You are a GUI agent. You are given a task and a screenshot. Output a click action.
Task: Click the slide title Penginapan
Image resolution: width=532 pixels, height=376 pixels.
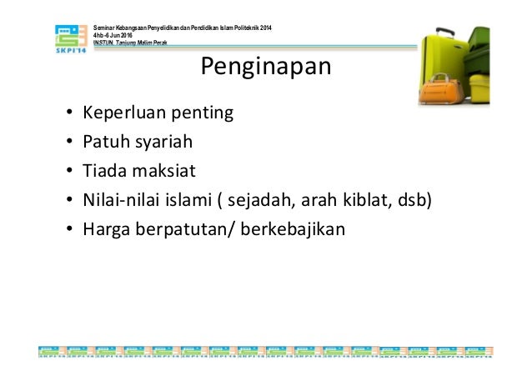(x=266, y=67)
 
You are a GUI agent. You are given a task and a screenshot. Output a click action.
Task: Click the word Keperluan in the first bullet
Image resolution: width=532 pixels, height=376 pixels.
(x=120, y=113)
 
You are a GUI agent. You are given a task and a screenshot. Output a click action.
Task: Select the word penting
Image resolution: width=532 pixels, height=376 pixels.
(x=203, y=113)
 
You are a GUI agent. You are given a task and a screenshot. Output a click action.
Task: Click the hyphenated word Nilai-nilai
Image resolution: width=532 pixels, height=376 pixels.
(x=120, y=201)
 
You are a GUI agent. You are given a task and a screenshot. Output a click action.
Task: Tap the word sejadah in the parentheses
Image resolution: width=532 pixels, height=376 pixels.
(x=261, y=201)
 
